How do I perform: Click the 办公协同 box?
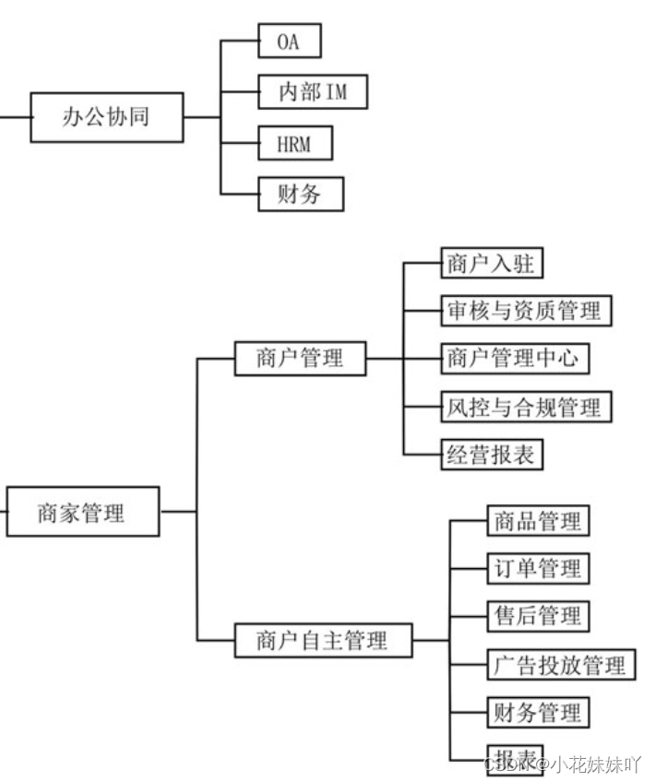pos(105,117)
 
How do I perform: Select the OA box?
pos(289,41)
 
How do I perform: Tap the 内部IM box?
pos(312,92)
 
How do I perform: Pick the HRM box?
pos(293,144)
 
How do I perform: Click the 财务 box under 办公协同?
pos(299,194)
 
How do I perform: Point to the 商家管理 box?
pos(81,512)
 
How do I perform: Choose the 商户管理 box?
pos(299,358)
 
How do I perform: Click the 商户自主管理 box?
pos(321,639)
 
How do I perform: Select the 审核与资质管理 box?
pos(525,310)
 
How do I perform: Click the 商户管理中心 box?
pos(513,358)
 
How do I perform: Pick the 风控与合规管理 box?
pos(524,407)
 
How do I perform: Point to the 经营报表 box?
pos(490,455)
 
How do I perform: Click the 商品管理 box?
pos(537,520)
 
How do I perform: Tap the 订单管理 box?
pos(537,568)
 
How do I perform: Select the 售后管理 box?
pos(537,615)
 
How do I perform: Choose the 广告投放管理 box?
pos(560,664)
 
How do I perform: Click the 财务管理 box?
pos(537,712)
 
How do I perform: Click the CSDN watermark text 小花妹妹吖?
pos(595,764)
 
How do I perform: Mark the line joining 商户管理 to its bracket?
pos(385,358)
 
